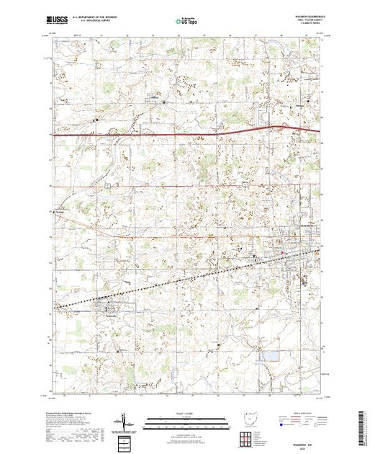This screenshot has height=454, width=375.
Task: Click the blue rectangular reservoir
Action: (x=270, y=356)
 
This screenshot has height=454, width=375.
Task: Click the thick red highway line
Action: (x=144, y=135)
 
